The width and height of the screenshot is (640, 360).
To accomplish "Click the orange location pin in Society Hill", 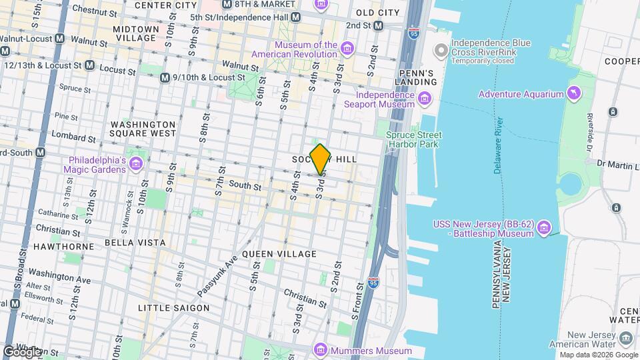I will point(321,159).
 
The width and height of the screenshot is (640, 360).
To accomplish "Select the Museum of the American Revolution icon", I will point(347,49).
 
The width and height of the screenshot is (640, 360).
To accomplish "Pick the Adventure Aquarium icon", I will point(573,94).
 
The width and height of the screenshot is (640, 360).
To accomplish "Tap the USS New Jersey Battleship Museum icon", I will point(545,229).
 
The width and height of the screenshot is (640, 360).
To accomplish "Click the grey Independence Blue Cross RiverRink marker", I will point(440,51).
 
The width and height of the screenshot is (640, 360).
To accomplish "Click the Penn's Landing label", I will point(417,77).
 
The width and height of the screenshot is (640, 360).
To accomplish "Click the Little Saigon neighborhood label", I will point(173,308).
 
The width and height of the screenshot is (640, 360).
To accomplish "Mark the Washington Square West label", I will point(143,129).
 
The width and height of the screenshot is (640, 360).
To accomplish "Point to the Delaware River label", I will point(499,147).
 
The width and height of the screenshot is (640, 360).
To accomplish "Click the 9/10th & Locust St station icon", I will point(165,78).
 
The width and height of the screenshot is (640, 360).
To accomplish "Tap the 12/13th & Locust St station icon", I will point(89,66).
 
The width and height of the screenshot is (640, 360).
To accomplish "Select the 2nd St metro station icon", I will point(379,25).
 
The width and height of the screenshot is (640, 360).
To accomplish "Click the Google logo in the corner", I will point(21,351).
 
